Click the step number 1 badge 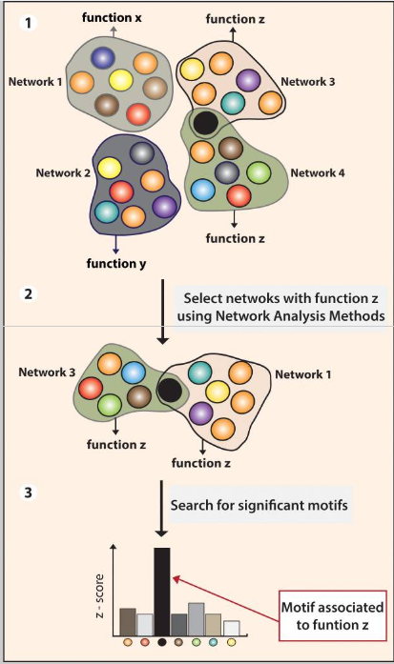pyautogui.click(x=29, y=23)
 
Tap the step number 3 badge pyautogui.click(x=29, y=493)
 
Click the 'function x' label pyautogui.click(x=112, y=18)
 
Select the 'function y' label pyautogui.click(x=116, y=263)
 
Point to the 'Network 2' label pyautogui.click(x=63, y=172)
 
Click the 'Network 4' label pyautogui.click(x=318, y=172)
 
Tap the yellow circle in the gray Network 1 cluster pyautogui.click(x=121, y=80)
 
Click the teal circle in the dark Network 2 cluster pyautogui.click(x=107, y=212)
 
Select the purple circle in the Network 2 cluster pyautogui.click(x=164, y=207)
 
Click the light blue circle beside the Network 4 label pyautogui.click(x=203, y=190)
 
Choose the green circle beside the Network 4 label pyautogui.click(x=259, y=172)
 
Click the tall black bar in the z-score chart pyautogui.click(x=162, y=592)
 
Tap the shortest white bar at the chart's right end pyautogui.click(x=232, y=628)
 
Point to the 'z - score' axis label pyautogui.click(x=99, y=595)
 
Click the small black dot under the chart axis pyautogui.click(x=161, y=642)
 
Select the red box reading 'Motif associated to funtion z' pyautogui.click(x=333, y=615)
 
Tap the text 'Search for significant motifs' pyautogui.click(x=259, y=505)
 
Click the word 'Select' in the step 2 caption pyautogui.click(x=203, y=298)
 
